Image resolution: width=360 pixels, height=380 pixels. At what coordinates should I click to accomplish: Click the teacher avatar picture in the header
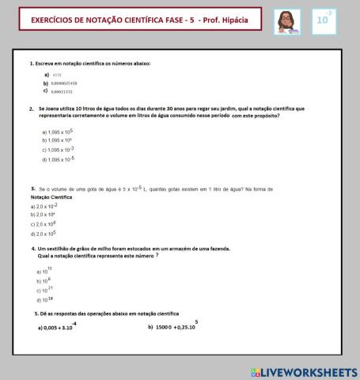click(286, 22)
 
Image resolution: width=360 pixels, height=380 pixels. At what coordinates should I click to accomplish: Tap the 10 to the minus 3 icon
click(324, 21)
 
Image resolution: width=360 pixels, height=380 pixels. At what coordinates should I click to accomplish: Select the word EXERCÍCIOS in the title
click(55, 18)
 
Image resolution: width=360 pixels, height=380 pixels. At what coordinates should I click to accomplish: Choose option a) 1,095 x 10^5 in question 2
click(57, 131)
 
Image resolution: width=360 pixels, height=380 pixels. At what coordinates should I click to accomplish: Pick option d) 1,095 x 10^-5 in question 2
click(58, 159)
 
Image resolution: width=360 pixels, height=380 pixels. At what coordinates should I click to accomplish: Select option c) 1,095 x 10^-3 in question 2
click(58, 150)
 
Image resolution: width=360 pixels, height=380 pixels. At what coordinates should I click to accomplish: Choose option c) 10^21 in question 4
click(44, 291)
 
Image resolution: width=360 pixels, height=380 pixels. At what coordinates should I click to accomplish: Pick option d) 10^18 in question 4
click(44, 300)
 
